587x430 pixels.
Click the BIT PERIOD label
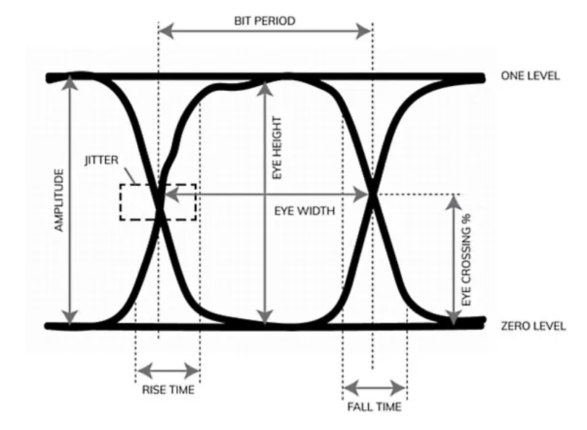pyautogui.click(x=265, y=21)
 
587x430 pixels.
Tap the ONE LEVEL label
pyautogui.click(x=530, y=76)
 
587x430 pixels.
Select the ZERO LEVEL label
pyautogui.click(x=533, y=326)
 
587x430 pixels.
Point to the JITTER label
pyautogui.click(x=102, y=160)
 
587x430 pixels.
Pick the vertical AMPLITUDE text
pyautogui.click(x=59, y=201)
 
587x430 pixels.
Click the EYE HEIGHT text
pyautogui.click(x=277, y=147)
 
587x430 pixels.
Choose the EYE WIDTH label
pyautogui.click(x=305, y=211)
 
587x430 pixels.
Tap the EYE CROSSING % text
pyautogui.click(x=466, y=260)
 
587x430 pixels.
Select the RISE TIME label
pyautogui.click(x=168, y=390)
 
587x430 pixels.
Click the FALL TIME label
pyautogui.click(x=374, y=407)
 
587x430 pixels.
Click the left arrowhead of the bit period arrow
pyautogui.click(x=166, y=31)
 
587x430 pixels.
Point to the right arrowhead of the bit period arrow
pyautogui.click(x=363, y=31)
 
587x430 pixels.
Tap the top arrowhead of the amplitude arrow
pyautogui.click(x=69, y=82)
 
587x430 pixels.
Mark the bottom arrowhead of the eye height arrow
pyautogui.click(x=265, y=317)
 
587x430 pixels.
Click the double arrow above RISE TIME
pyautogui.click(x=168, y=371)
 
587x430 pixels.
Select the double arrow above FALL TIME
pyautogui.click(x=374, y=387)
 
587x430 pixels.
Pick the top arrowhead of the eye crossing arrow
pyautogui.click(x=453, y=203)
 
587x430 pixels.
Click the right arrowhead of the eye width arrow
pyautogui.click(x=361, y=195)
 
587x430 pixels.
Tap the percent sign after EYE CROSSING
pyautogui.click(x=466, y=218)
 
